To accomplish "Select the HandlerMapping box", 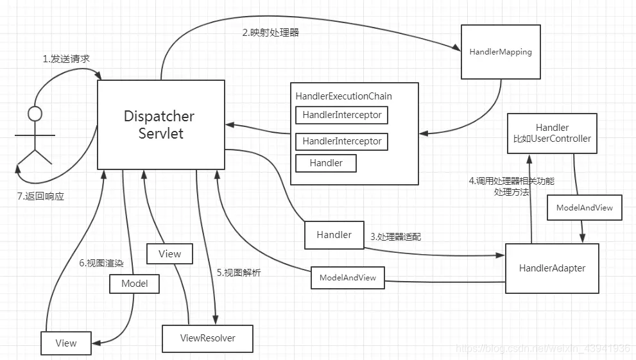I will pyautogui.click(x=501, y=52).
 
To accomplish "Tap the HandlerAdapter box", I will pyautogui.click(x=552, y=268).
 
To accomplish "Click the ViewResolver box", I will pyautogui.click(x=207, y=338).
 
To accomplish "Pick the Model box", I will pyautogui.click(x=134, y=284).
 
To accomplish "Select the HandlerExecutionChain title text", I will pyautogui.click(x=343, y=96).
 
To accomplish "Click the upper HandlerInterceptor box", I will pyautogui.click(x=341, y=116).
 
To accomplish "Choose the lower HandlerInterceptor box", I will pyautogui.click(x=341, y=141).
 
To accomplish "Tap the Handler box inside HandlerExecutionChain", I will pyautogui.click(x=325, y=163).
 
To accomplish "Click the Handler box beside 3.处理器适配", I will pyautogui.click(x=334, y=235).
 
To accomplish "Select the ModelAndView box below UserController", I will pyautogui.click(x=584, y=208).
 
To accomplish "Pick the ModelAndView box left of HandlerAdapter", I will pyautogui.click(x=347, y=277).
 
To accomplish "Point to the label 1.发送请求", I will pyautogui.click(x=66, y=59).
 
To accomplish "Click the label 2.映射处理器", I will pyautogui.click(x=270, y=32).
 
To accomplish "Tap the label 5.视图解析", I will pyautogui.click(x=239, y=273).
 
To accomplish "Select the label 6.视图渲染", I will pyautogui.click(x=101, y=263).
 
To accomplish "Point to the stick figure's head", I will pyautogui.click(x=35, y=114).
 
